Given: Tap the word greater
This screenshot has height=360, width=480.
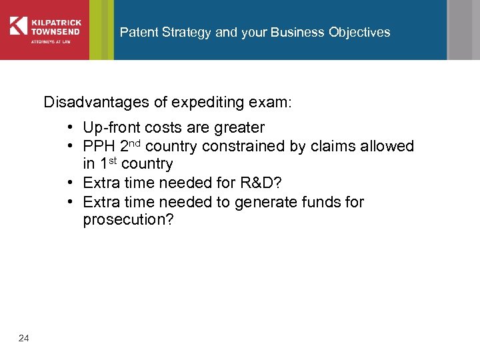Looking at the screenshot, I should [x=240, y=127].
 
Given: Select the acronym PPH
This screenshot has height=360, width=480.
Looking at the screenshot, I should [x=99, y=146].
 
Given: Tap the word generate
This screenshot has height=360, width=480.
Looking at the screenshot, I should [x=261, y=201].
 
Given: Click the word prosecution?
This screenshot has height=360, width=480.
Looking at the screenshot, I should [x=128, y=220].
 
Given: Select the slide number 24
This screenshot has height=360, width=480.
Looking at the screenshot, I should [x=24, y=339].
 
